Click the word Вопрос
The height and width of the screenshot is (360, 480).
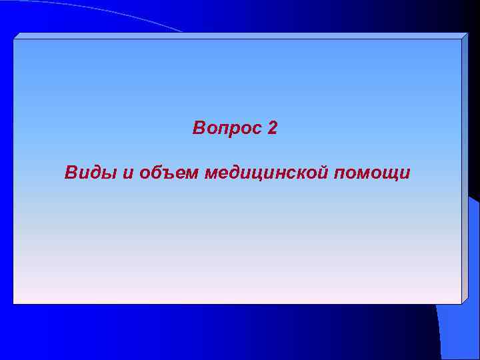[x=227, y=127]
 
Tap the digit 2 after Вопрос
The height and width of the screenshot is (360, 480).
[x=272, y=127]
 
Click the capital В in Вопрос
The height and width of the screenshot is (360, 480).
[x=199, y=127]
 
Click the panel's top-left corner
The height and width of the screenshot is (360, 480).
[x=14, y=39]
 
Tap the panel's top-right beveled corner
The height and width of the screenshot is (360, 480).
[x=465, y=35]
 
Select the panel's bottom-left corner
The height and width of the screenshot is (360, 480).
[x=14, y=303]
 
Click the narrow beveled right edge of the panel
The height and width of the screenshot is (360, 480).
[x=465, y=167]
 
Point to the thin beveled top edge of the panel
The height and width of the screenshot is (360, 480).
[x=240, y=35]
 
